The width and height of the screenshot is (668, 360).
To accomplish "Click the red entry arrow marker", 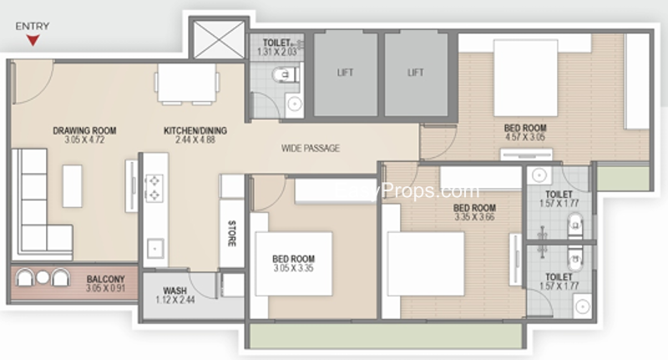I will pyautogui.click(x=33, y=39).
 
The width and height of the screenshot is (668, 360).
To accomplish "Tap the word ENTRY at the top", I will pyautogui.click(x=32, y=26).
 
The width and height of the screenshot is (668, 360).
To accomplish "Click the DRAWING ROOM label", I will pyautogui.click(x=84, y=131).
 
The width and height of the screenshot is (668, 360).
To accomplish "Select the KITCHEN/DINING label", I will pyautogui.click(x=195, y=131).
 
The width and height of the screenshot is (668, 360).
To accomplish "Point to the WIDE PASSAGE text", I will pyautogui.click(x=311, y=149).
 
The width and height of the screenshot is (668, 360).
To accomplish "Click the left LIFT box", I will pyautogui.click(x=345, y=73).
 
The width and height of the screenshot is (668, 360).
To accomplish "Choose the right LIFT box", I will pyautogui.click(x=415, y=73).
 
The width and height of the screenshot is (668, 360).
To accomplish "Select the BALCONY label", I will pyautogui.click(x=105, y=279).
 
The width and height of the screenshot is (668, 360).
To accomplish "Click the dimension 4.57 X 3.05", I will pyautogui.click(x=524, y=138).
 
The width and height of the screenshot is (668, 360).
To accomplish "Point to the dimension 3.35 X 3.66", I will pyautogui.click(x=474, y=217).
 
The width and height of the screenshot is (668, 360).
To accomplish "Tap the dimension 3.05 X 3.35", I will pyautogui.click(x=294, y=269).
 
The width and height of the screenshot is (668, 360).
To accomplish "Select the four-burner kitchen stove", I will pyautogui.click(x=154, y=188).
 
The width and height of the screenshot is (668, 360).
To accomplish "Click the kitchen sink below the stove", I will pyautogui.click(x=154, y=248).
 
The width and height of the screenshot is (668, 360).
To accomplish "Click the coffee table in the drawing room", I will pyautogui.click(x=73, y=185).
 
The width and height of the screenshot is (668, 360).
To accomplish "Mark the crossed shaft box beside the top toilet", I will pyautogui.click(x=217, y=38).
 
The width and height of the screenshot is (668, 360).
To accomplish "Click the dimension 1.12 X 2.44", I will pyautogui.click(x=175, y=302).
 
